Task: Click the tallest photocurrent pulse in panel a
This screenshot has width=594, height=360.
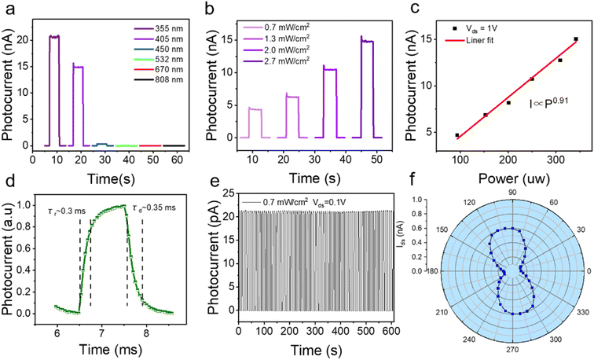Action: pyautogui.click(x=54, y=36)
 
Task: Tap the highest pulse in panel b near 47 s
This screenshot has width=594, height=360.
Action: pyautogui.click(x=366, y=39)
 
